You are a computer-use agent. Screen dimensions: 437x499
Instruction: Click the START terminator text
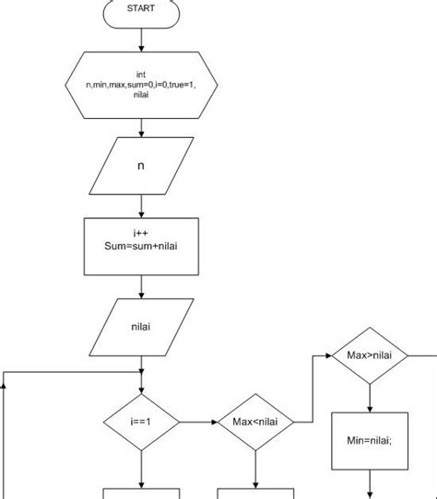141,8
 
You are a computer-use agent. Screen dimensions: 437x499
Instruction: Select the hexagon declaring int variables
141,86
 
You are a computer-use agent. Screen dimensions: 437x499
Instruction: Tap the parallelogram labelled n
141,166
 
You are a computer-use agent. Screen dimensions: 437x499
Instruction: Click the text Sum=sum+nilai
141,246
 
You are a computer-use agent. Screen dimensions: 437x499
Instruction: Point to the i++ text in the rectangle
140,233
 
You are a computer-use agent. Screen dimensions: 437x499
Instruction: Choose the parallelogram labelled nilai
141,327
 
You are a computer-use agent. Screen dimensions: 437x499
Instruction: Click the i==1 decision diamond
141,422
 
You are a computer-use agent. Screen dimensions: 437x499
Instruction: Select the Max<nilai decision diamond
255,422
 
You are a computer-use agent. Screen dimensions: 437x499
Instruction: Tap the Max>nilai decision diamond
370,355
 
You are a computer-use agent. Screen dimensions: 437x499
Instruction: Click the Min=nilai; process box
370,441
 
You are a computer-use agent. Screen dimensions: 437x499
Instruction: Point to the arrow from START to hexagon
141,40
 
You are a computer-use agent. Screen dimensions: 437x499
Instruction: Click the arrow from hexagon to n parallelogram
141,128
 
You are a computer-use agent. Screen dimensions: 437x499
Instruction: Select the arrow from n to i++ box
141,206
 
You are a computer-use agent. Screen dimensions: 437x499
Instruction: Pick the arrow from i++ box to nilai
141,286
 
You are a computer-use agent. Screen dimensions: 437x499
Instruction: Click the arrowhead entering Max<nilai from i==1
215,422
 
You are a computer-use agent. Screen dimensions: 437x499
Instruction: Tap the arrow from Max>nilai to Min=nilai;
370,398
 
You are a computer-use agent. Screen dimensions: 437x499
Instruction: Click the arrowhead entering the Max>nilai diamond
329,355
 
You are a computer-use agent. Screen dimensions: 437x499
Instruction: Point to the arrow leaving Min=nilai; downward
370,484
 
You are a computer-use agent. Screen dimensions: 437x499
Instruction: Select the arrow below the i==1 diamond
141,470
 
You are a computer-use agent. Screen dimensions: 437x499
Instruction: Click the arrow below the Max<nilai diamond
255,470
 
